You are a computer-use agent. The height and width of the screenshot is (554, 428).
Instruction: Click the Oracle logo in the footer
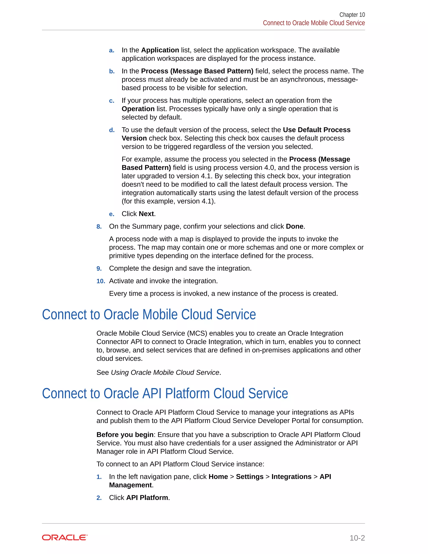(65, 537)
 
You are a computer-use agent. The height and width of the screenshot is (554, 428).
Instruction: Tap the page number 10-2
(357, 538)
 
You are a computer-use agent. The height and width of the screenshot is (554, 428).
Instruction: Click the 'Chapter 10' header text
(352, 15)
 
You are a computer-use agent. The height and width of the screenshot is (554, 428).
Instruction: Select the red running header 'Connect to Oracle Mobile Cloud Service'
(314, 23)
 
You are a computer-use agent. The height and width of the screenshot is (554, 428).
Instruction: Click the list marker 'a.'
(112, 50)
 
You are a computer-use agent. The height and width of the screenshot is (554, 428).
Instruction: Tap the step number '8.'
(99, 227)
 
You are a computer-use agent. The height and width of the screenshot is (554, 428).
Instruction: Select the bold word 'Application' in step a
(160, 50)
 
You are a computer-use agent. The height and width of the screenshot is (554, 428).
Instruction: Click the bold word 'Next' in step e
(146, 214)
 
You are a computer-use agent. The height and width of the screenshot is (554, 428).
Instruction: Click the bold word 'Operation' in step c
(138, 109)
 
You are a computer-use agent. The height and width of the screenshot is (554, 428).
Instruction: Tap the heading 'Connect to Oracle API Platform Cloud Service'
(165, 393)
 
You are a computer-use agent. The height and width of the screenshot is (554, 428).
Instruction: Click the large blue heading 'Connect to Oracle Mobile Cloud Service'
(149, 315)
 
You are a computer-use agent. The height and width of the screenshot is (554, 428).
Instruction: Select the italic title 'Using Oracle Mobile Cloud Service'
(165, 372)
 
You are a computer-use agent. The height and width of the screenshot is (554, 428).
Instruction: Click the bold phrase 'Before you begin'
(125, 435)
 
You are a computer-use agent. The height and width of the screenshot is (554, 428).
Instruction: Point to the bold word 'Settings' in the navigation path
(250, 477)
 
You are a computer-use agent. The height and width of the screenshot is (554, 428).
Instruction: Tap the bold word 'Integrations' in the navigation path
(291, 477)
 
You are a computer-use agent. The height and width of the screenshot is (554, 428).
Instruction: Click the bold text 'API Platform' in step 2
(147, 498)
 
